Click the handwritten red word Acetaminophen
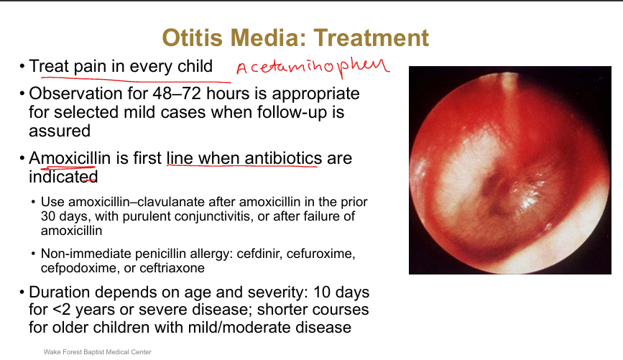313,67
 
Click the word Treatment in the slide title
371,38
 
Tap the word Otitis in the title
193,38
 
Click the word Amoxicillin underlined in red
70,158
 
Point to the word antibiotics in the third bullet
283,158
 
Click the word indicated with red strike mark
63,177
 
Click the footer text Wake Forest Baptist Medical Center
97,352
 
